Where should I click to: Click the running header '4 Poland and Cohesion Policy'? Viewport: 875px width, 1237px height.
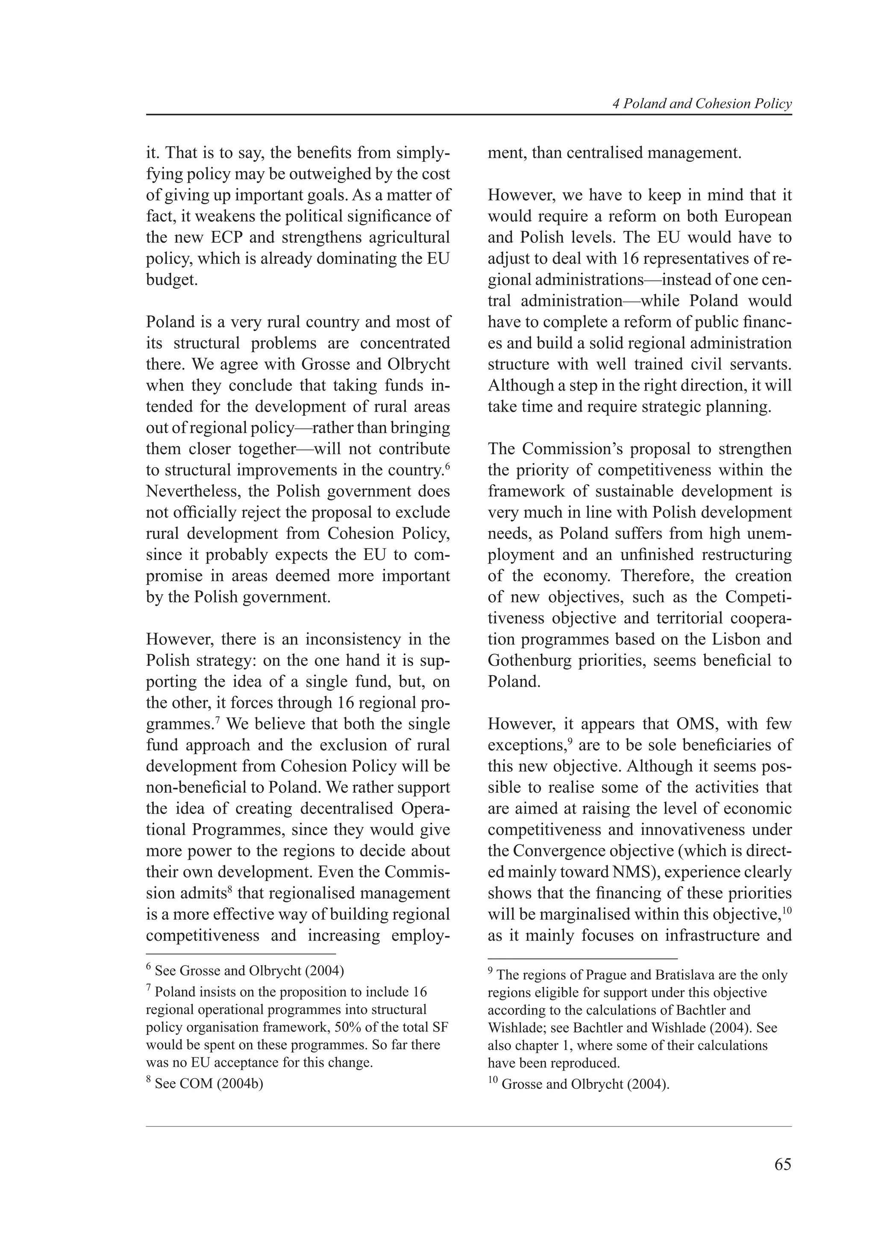pos(702,104)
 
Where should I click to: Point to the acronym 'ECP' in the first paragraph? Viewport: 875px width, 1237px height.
pos(225,238)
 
